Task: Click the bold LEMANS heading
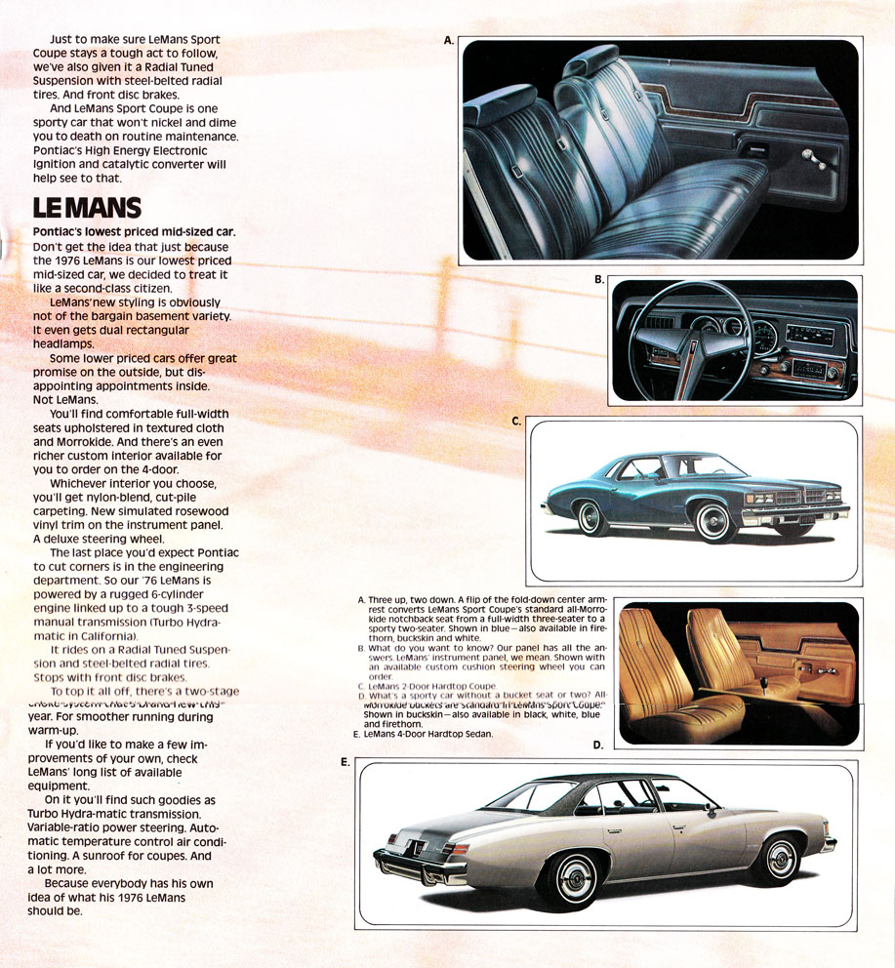tap(88, 208)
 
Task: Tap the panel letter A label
tap(449, 41)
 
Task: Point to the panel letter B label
tap(599, 280)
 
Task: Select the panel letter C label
tap(517, 422)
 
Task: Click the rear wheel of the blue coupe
tap(591, 517)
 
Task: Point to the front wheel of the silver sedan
tap(780, 859)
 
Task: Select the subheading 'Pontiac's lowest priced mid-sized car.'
tap(134, 231)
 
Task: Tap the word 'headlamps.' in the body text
tap(64, 344)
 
